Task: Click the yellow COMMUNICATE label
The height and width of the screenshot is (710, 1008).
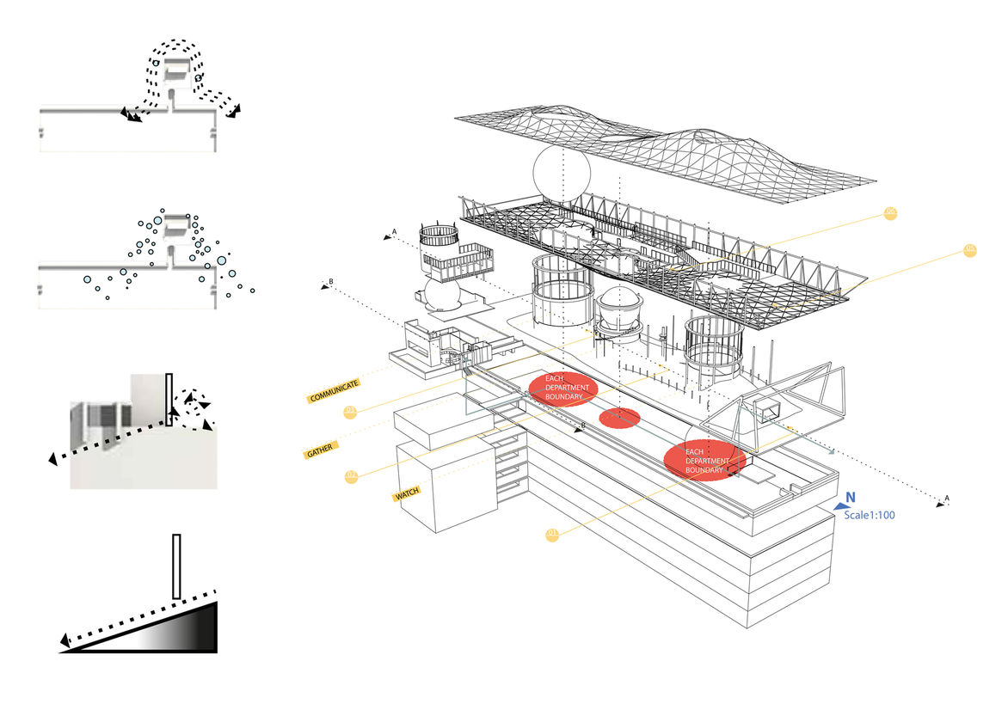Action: (333, 393)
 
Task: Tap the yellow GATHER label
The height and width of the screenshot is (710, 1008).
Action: (319, 451)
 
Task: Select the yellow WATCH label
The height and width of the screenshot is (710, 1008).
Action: (407, 495)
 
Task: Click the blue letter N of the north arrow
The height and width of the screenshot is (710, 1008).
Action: (849, 497)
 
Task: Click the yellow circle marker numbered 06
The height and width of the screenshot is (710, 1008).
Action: (891, 213)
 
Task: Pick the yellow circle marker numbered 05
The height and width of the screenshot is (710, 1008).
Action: (971, 250)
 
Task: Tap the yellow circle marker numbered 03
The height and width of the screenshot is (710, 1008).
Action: (350, 413)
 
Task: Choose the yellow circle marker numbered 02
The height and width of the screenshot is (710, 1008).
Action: (351, 474)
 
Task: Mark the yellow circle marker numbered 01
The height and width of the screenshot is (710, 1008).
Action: (552, 535)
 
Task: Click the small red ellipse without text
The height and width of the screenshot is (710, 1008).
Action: (619, 418)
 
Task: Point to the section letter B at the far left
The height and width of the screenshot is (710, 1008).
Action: (330, 282)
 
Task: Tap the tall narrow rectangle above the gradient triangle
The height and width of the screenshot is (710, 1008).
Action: (176, 566)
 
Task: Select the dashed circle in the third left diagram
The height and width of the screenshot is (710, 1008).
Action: (194, 401)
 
